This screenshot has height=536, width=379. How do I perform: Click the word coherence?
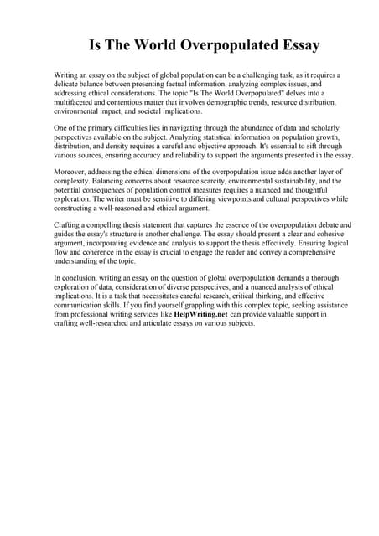click(101, 252)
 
